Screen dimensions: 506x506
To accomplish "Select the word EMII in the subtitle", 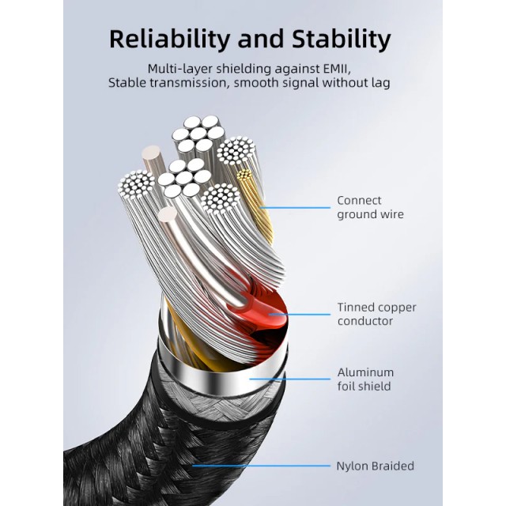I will point(347,68).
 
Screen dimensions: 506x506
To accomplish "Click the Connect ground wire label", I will point(369,207).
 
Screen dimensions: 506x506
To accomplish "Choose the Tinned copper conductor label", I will point(376,314).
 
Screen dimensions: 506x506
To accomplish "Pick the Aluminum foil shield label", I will point(365,379).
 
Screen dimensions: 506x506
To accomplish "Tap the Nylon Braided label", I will point(375,466).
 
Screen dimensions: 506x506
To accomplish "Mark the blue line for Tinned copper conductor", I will point(300,314).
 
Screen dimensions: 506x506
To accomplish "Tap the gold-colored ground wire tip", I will point(244,173).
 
